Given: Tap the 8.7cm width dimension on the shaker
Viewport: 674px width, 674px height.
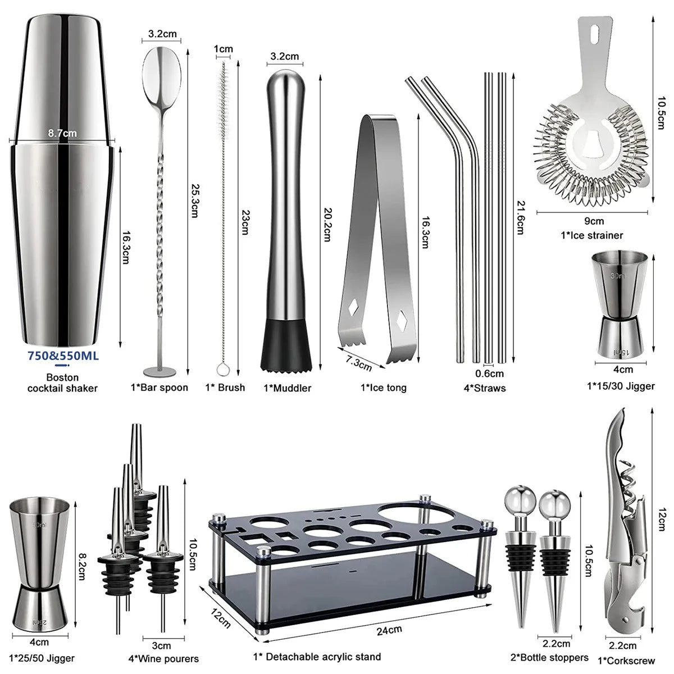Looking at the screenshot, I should [62, 133].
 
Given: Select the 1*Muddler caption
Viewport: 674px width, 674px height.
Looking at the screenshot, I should [287, 388].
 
